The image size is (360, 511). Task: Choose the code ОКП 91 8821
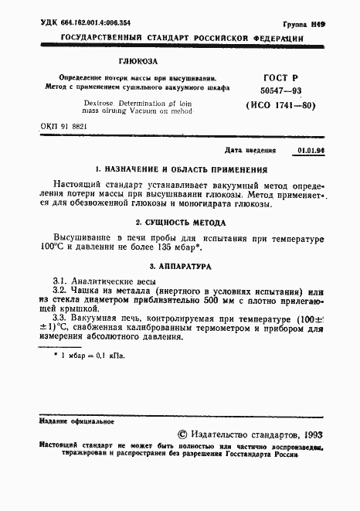(64, 126)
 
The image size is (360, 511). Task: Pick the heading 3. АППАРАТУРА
(180, 265)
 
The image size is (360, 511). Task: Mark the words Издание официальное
(70, 421)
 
